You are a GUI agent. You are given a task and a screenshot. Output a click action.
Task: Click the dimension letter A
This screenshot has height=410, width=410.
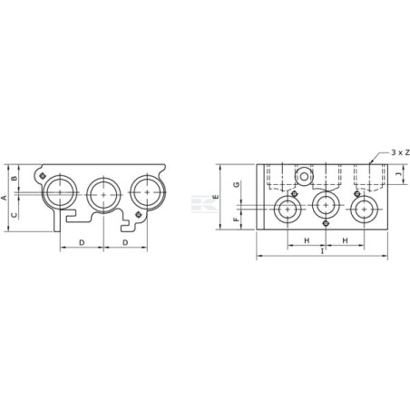[5, 198]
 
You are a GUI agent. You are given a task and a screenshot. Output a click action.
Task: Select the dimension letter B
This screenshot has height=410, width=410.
[15, 178]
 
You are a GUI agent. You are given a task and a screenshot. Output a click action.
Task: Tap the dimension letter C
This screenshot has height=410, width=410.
[15, 215]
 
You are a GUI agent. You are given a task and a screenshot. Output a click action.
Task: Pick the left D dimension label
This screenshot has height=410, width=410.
[82, 242]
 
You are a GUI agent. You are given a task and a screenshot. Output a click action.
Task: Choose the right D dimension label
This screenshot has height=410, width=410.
[125, 242]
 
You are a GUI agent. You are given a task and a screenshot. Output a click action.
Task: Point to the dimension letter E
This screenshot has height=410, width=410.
[215, 197]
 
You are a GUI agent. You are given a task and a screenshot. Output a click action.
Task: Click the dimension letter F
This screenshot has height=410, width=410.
[237, 219]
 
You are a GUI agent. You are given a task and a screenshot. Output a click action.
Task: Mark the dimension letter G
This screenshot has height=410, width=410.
[237, 184]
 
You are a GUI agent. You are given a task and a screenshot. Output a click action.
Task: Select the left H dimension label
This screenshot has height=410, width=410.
[307, 240]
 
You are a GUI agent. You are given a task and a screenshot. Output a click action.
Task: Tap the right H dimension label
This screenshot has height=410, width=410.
[345, 240]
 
